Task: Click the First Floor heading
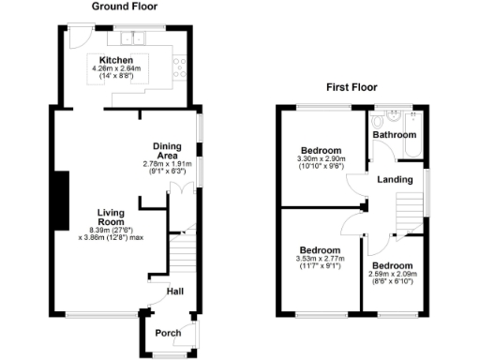352,87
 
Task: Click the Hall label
174,292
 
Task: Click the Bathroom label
394,135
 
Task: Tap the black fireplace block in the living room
61,202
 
